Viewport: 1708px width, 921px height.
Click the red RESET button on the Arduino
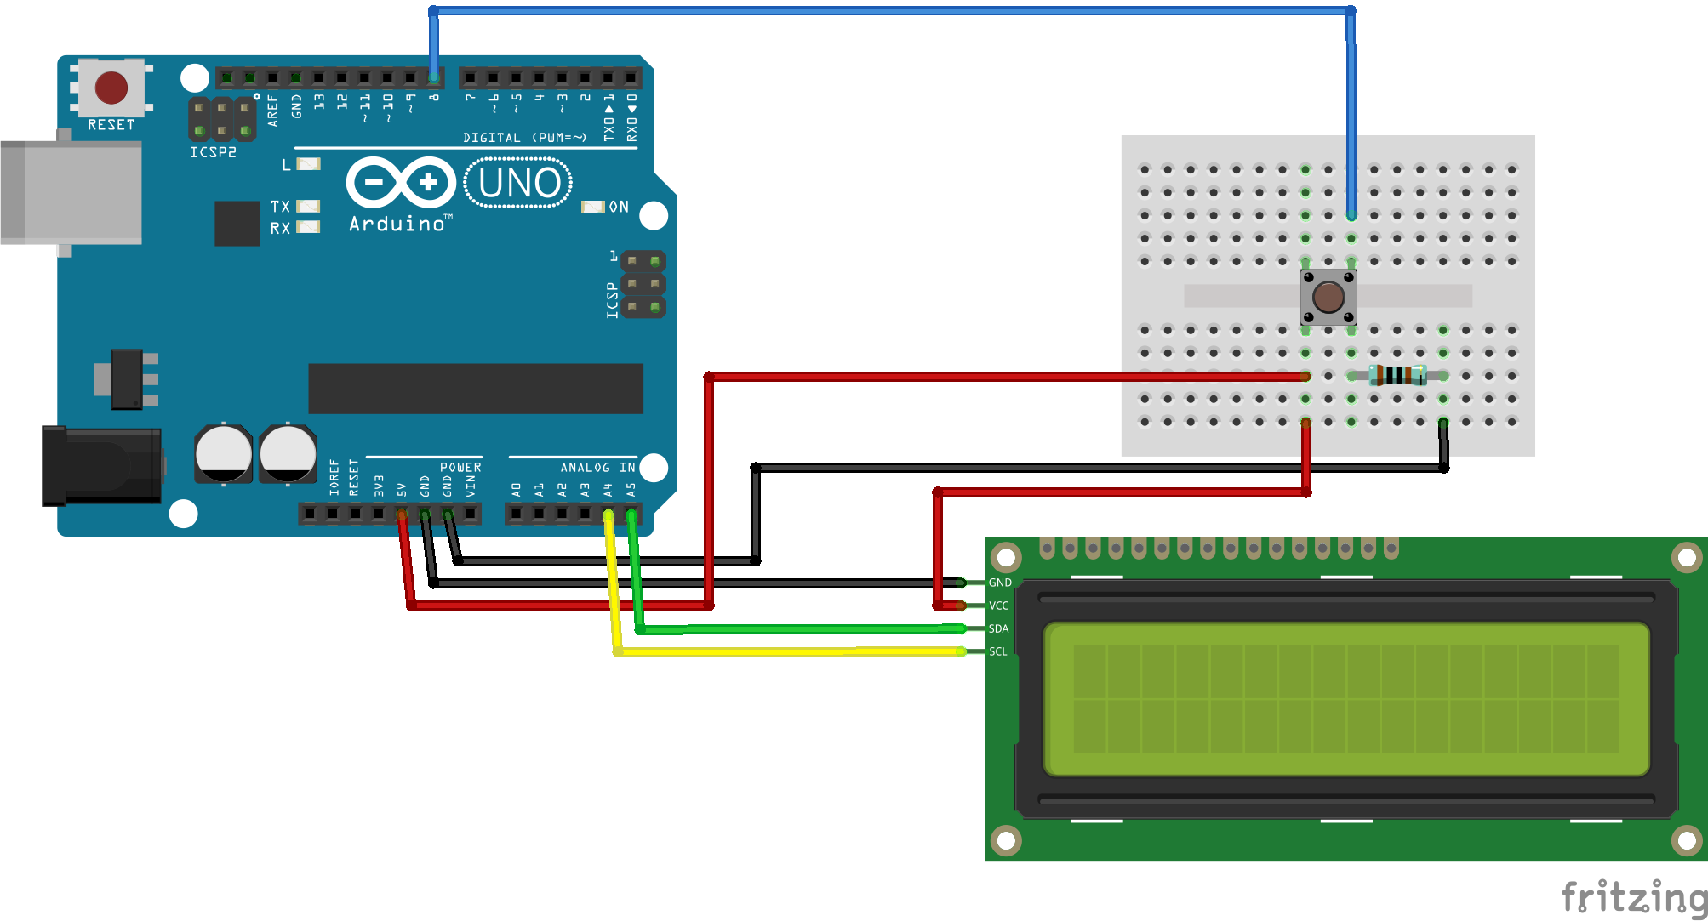[111, 87]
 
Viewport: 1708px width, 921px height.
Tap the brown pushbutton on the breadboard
[1328, 297]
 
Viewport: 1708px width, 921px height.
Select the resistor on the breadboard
[1397, 375]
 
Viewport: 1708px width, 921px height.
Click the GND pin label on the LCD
[1000, 583]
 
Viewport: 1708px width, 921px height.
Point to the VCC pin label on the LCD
[999, 605]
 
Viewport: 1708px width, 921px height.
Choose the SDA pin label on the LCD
[999, 628]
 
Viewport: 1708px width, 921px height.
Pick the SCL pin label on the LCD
[998, 651]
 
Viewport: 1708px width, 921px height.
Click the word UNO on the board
[519, 183]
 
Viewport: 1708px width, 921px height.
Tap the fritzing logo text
[1634, 897]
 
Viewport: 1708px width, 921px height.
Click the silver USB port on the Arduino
[71, 193]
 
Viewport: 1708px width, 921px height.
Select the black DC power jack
[102, 465]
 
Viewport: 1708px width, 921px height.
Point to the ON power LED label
[619, 207]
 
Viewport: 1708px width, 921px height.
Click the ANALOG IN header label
[597, 468]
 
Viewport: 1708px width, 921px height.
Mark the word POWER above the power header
[460, 468]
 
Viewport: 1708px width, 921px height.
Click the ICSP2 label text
[213, 152]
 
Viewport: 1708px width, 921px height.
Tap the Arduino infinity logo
[401, 182]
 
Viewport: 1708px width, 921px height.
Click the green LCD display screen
[1346, 699]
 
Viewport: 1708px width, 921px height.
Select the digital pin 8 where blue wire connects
[434, 78]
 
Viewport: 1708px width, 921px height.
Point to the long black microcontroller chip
[476, 389]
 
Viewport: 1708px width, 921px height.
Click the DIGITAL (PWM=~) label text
[524, 138]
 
